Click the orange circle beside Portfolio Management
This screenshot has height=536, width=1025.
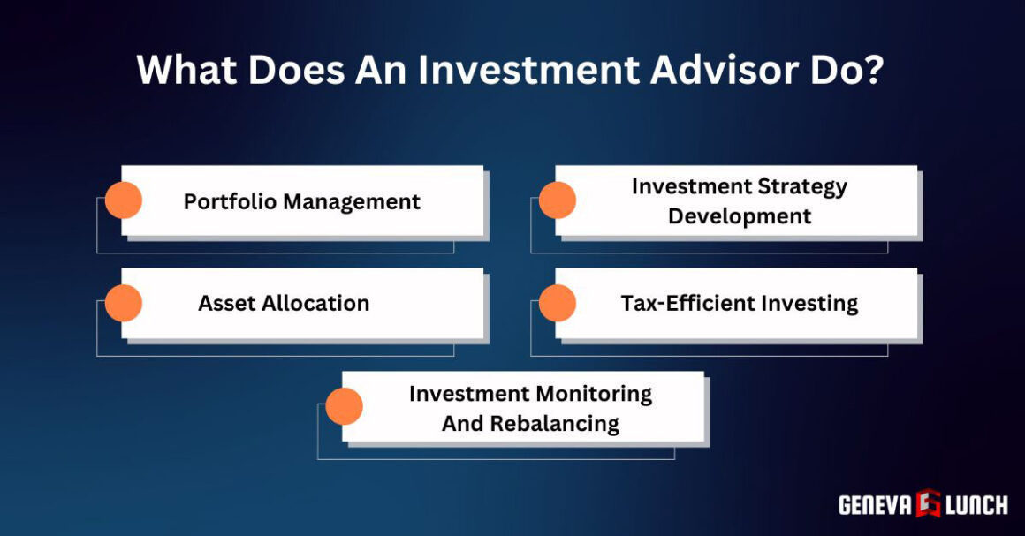(x=124, y=200)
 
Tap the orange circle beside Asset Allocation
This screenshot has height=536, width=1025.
(x=124, y=303)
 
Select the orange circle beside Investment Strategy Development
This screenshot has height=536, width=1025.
(x=558, y=200)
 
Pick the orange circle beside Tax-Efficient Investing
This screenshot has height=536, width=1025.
(x=558, y=303)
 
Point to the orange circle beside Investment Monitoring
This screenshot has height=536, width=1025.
(x=345, y=406)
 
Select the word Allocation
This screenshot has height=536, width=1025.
(x=322, y=304)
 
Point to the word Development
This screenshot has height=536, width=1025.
(x=740, y=216)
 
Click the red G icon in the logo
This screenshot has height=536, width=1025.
(x=929, y=503)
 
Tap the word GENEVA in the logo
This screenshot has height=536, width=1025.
(x=876, y=504)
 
